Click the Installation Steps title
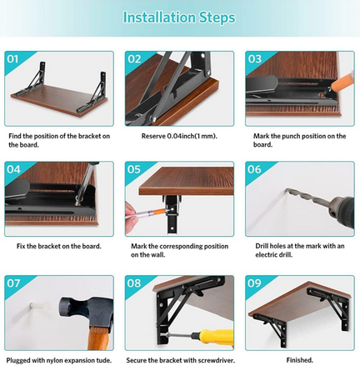click(x=179, y=17)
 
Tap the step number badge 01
click(x=14, y=59)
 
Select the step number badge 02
click(x=134, y=59)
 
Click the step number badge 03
click(x=254, y=59)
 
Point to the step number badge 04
click(x=14, y=169)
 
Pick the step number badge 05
click(x=134, y=169)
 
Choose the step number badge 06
click(x=254, y=169)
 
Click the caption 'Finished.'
click(x=299, y=359)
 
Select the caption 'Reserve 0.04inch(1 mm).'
click(x=178, y=135)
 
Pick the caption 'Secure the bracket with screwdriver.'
click(x=179, y=359)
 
